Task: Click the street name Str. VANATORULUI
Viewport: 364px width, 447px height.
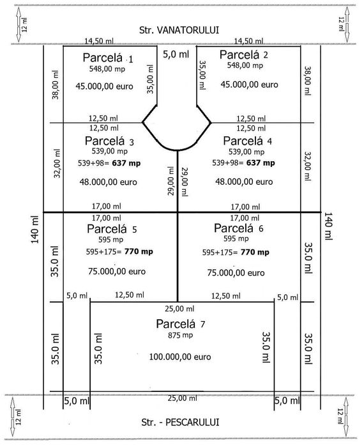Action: [x=179, y=30]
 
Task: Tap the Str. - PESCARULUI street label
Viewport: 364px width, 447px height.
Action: [x=180, y=422]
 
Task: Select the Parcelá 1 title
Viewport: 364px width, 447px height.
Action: [x=108, y=58]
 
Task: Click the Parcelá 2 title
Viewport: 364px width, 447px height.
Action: [x=243, y=55]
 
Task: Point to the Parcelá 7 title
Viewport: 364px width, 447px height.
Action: [x=180, y=324]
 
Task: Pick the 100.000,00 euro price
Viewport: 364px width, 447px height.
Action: [x=180, y=357]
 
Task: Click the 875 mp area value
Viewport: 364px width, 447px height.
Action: [x=181, y=336]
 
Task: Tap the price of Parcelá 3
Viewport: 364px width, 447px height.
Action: [x=108, y=182]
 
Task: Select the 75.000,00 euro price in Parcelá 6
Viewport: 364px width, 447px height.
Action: [x=236, y=273]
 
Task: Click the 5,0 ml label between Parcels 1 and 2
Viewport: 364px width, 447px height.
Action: [x=176, y=54]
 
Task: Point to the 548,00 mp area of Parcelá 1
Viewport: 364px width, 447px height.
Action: [x=107, y=69]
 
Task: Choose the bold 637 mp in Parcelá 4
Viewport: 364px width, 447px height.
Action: [x=261, y=163]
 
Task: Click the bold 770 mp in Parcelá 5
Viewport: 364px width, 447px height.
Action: [x=139, y=252]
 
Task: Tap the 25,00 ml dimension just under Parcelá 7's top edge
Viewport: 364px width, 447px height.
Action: [x=179, y=308]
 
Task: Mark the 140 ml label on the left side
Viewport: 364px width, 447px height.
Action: [x=34, y=230]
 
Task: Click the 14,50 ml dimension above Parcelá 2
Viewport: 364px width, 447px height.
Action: [x=248, y=42]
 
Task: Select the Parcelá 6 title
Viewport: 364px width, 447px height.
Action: [x=238, y=228]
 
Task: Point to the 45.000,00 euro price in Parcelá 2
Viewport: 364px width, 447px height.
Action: [x=249, y=84]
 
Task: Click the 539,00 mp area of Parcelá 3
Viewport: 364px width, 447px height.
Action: [x=110, y=151]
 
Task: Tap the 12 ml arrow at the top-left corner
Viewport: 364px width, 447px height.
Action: [x=19, y=25]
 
